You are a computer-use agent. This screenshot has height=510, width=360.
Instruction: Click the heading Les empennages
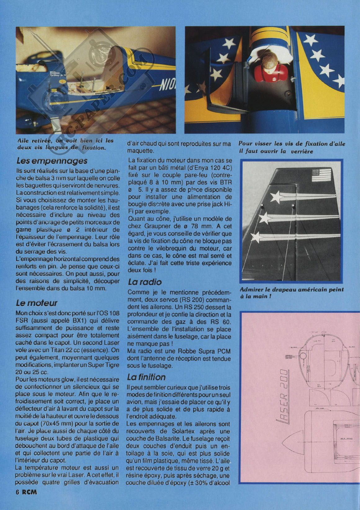pyautogui.click(x=52, y=161)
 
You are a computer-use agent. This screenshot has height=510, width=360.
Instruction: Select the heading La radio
pyautogui.click(x=145, y=282)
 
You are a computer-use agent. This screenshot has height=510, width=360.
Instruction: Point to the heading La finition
pyautogui.click(x=146, y=377)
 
